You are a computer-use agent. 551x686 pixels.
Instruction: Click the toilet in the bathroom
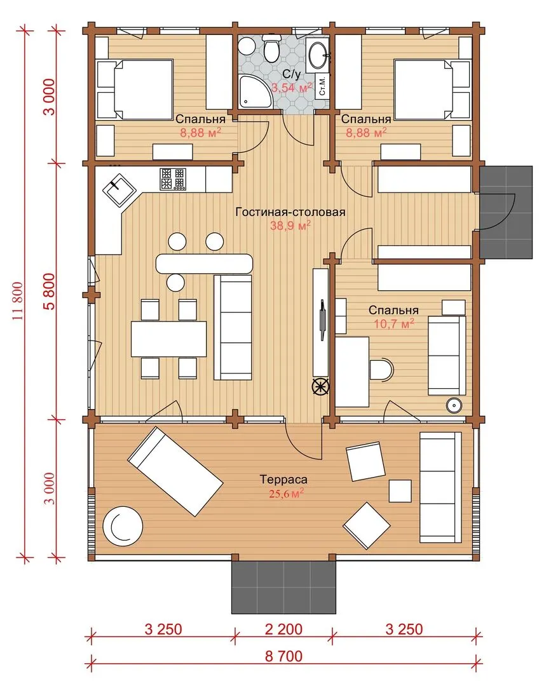[271, 48]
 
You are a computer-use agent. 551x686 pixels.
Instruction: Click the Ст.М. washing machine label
[323, 85]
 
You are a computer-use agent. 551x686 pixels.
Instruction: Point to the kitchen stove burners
[173, 179]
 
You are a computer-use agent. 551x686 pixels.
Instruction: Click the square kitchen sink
[119, 189]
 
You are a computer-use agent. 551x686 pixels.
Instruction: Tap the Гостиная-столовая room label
[290, 212]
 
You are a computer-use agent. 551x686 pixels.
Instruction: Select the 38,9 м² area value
[290, 225]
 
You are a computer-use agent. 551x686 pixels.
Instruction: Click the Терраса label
[283, 480]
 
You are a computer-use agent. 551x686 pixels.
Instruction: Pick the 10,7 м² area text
[394, 324]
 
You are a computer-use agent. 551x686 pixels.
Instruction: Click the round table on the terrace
[123, 526]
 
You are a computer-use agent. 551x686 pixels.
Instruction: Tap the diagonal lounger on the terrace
[175, 471]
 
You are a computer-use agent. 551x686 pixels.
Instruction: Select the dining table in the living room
[168, 339]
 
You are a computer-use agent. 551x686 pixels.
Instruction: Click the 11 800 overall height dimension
[18, 302]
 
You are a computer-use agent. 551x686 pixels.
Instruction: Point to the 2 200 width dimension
[283, 629]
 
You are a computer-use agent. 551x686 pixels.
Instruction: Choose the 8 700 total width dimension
[283, 656]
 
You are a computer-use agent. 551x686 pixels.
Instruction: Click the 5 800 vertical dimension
[50, 292]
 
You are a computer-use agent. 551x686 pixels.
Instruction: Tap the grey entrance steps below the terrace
[283, 587]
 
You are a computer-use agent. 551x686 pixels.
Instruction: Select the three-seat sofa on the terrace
[440, 487]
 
